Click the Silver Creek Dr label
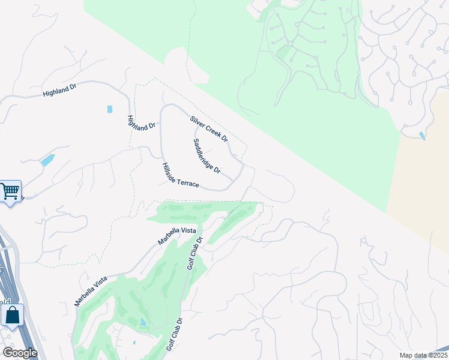point(209,129)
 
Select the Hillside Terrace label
point(180,175)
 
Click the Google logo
point(19,353)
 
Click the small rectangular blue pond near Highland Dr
point(109,109)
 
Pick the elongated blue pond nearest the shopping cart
point(47,160)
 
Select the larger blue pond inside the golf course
point(143,322)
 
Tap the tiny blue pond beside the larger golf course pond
point(134,343)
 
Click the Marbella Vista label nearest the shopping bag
point(91,291)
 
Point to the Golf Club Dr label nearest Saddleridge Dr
point(196,253)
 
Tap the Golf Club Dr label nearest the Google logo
point(174,334)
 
